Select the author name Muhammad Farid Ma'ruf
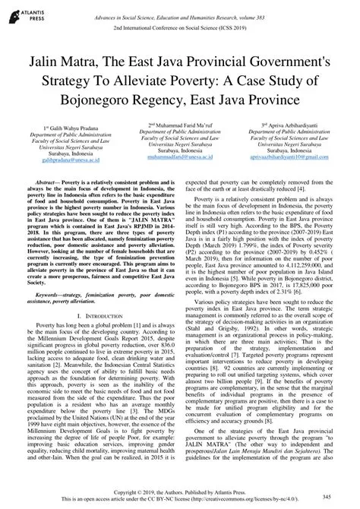coord(180,125)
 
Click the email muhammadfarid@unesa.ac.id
coord(180,155)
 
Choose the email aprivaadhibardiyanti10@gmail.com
coord(293,155)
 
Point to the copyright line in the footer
coord(180,492)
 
